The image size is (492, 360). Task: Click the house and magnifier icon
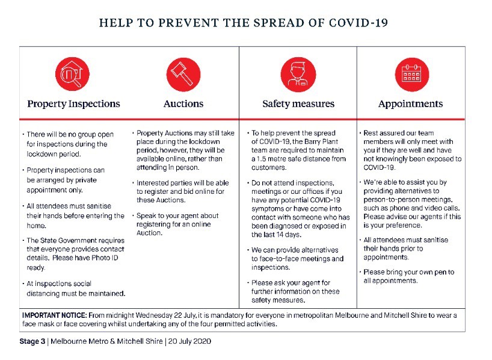(x=72, y=73)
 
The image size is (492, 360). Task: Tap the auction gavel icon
(x=183, y=73)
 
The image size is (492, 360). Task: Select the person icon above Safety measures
(x=298, y=73)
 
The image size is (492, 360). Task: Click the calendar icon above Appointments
(x=411, y=73)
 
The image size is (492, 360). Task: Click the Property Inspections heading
(x=73, y=104)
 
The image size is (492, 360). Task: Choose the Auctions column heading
(x=183, y=104)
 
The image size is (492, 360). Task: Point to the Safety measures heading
(x=298, y=104)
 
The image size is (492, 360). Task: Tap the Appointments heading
(x=411, y=104)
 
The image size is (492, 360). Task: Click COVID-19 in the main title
(x=358, y=23)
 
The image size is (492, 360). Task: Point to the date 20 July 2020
(x=191, y=341)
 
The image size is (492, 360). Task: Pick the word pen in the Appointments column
(x=443, y=272)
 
